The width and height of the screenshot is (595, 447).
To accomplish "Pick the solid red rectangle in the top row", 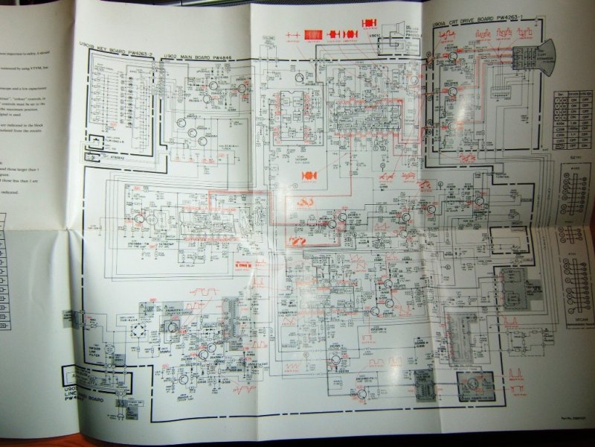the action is click(x=315, y=34).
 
